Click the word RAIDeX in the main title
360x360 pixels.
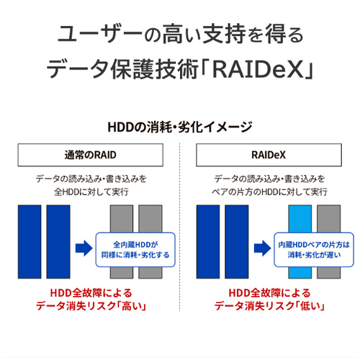[258, 70]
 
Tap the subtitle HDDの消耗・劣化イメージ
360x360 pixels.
[180, 127]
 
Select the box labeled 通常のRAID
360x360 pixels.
[91, 155]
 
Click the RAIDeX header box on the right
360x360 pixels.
[269, 155]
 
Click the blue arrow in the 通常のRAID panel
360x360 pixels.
[84, 248]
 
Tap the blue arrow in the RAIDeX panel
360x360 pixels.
[263, 248]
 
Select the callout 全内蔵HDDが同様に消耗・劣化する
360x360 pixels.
[135, 250]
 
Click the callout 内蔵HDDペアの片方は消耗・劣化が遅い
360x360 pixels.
[314, 250]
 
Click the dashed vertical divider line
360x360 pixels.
[179, 227]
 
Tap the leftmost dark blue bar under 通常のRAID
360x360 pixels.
[30, 242]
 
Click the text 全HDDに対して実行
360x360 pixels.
[91, 192]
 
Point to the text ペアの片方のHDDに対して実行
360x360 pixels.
[269, 192]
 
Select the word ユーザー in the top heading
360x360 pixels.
[100, 34]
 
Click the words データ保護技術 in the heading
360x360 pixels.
[122, 70]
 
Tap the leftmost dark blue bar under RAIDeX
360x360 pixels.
[208, 242]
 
